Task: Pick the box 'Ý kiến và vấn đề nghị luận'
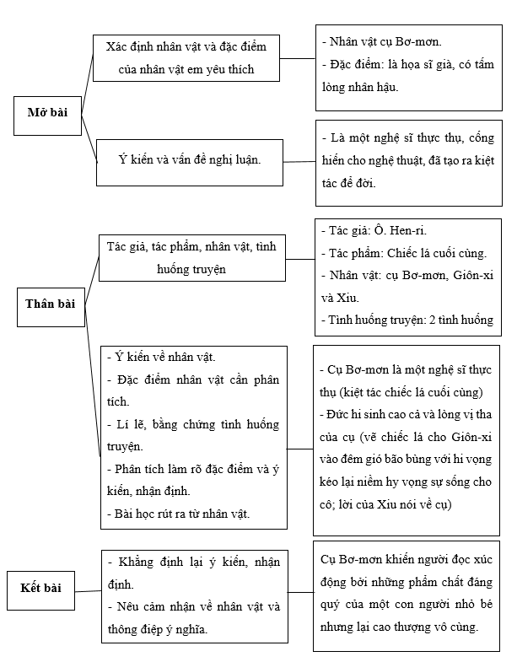coord(189,158)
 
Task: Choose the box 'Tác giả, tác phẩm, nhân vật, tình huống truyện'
coord(191,256)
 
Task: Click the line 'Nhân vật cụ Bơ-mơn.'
coord(385,41)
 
